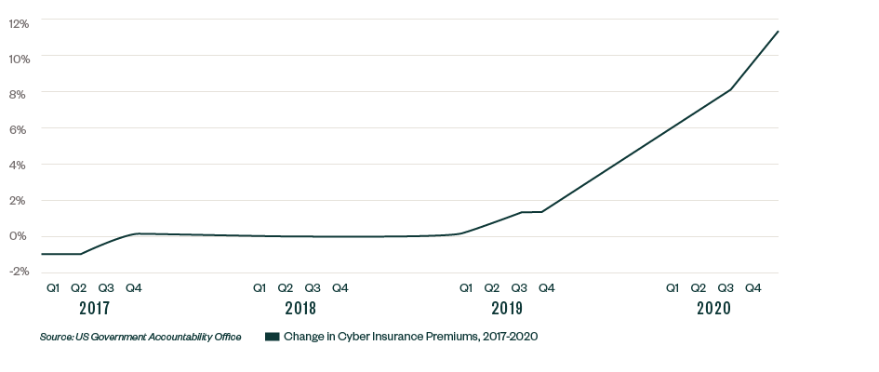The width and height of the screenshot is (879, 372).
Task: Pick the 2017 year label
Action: click(x=93, y=308)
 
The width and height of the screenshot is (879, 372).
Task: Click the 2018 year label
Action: click(x=300, y=308)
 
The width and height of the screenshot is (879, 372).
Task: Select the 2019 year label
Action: click(x=506, y=308)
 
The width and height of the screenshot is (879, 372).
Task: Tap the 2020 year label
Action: click(x=713, y=308)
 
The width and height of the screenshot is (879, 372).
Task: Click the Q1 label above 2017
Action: click(x=53, y=287)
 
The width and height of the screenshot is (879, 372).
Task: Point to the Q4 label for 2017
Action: click(x=133, y=287)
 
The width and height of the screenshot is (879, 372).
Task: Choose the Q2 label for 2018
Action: click(x=286, y=287)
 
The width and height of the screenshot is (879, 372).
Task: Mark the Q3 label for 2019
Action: click(x=519, y=287)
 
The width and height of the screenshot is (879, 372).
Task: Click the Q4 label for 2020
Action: click(x=753, y=287)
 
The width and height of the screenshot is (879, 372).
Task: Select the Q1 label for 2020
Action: click(x=672, y=287)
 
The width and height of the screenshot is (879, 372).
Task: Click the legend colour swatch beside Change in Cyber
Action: click(x=272, y=337)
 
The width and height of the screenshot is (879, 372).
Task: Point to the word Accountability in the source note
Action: click(x=182, y=337)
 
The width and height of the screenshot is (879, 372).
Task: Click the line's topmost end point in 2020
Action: click(x=778, y=31)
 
